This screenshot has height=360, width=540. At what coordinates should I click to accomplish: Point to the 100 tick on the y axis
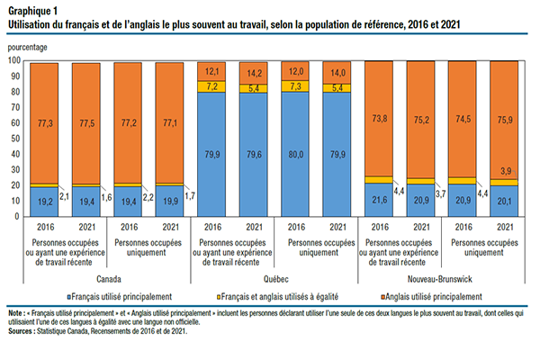(x=14, y=60)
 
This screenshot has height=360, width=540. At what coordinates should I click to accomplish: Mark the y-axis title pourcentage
(x=31, y=45)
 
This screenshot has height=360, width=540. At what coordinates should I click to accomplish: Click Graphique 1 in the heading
(x=32, y=9)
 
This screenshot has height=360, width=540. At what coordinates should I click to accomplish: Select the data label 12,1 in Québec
(x=214, y=70)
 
